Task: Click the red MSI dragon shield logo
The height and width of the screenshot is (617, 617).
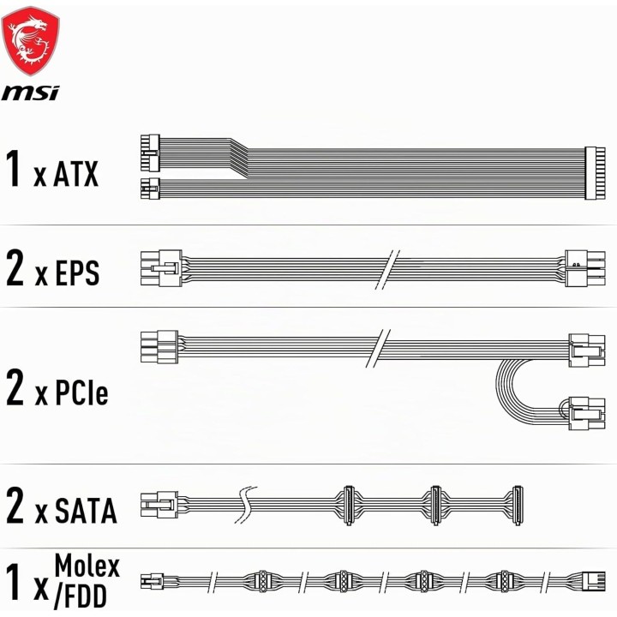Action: (30, 40)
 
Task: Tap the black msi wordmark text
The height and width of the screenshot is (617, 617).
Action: (30, 93)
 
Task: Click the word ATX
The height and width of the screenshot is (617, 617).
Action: (75, 174)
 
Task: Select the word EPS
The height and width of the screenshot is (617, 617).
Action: (77, 273)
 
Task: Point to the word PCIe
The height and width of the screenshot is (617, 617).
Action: (81, 392)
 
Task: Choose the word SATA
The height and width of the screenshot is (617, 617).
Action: (86, 511)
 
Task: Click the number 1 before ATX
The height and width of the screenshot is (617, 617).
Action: (15, 169)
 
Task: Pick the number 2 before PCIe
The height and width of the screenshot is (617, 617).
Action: (15, 387)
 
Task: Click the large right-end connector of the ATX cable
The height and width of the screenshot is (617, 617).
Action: (595, 173)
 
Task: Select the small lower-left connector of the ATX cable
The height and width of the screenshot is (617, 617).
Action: (150, 189)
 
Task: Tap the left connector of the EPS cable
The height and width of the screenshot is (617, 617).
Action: (161, 268)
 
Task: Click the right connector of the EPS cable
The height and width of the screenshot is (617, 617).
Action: (585, 268)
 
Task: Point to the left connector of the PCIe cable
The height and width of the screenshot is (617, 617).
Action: (159, 347)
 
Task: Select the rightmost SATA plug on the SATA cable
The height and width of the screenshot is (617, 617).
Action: (518, 506)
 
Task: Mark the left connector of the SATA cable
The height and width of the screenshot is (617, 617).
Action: (159, 504)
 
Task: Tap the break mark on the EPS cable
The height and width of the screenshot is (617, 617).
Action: (387, 270)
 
